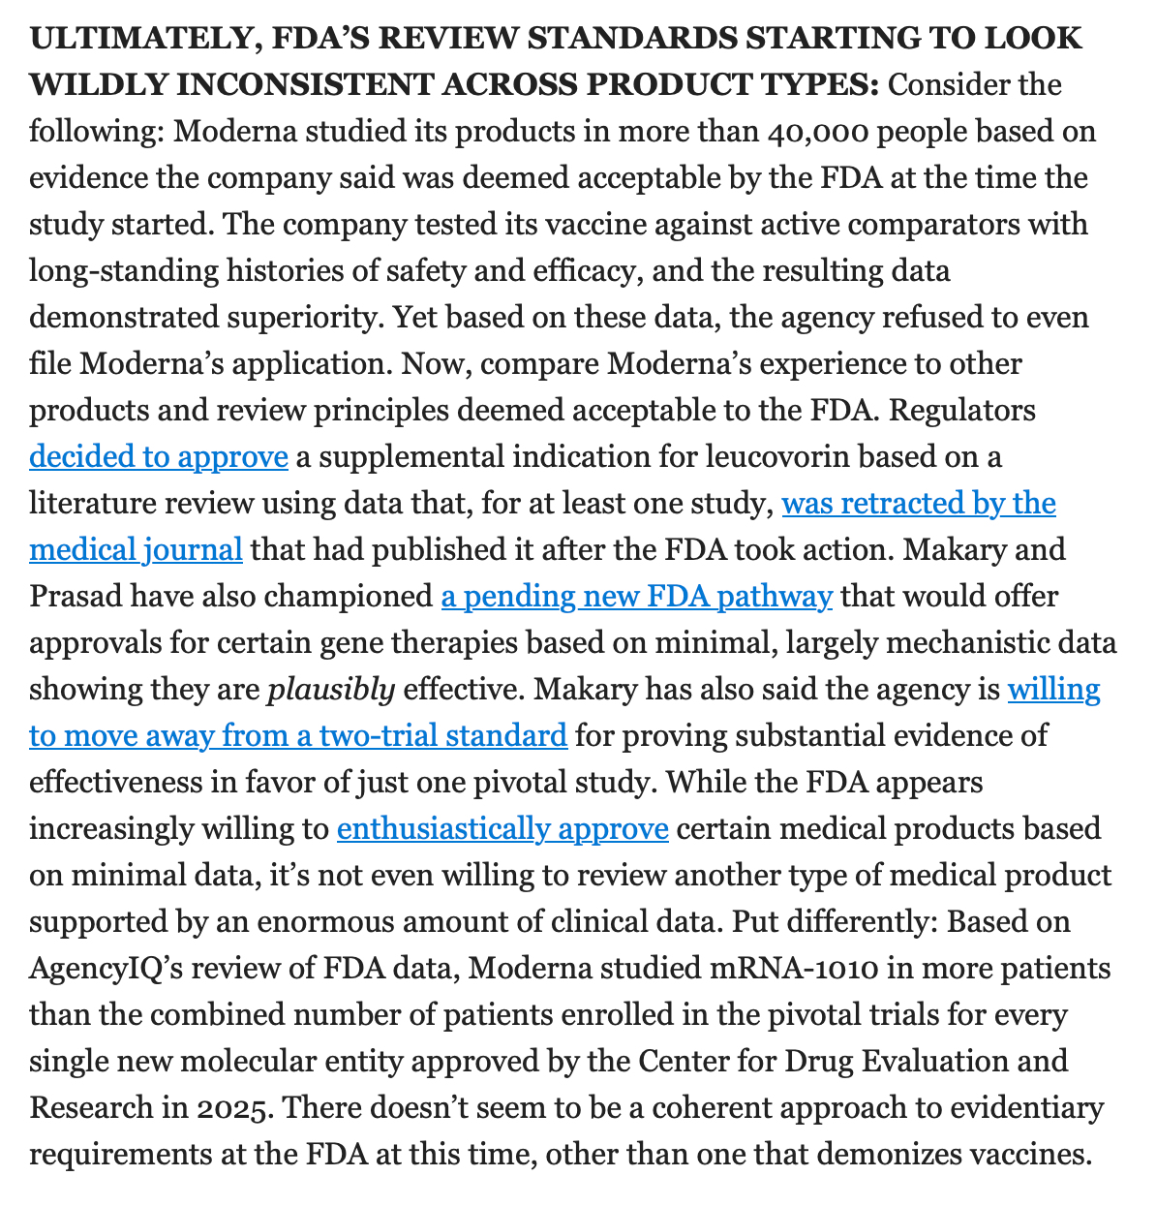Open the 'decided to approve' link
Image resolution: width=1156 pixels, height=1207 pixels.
(159, 456)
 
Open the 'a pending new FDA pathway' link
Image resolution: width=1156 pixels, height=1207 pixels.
(636, 596)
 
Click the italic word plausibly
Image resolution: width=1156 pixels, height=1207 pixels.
(330, 689)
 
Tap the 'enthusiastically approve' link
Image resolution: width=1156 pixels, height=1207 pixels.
(502, 829)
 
